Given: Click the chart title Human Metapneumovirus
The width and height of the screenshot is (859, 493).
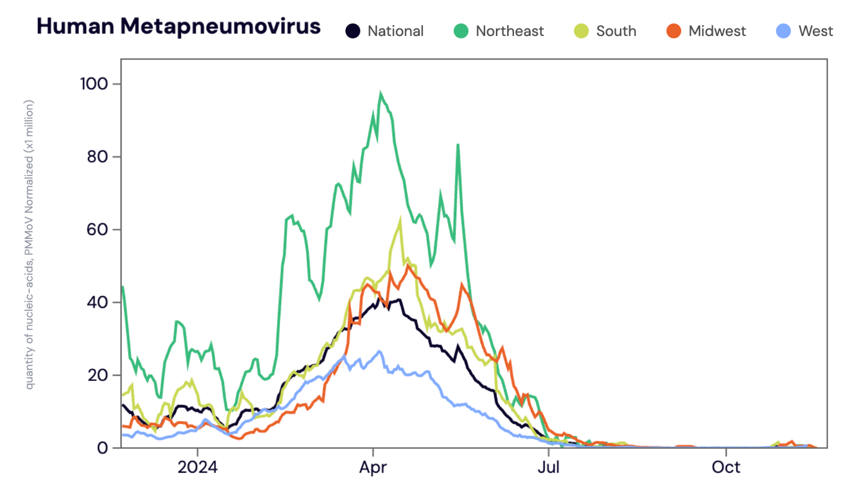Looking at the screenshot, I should (178, 26).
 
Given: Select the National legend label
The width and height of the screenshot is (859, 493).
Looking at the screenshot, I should (395, 31).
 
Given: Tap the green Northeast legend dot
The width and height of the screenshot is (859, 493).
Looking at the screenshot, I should (461, 31).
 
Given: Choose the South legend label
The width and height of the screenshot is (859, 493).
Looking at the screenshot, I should (616, 31).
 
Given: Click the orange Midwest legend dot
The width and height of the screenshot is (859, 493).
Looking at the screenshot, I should (674, 31).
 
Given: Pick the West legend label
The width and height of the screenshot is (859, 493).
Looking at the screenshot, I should (815, 31).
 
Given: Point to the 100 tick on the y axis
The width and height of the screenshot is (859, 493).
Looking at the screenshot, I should (94, 84).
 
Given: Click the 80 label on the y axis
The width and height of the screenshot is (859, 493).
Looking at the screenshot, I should (97, 157).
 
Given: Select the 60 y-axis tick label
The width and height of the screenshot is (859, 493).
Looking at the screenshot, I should (97, 229).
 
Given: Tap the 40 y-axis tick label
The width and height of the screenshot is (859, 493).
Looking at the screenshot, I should (97, 302).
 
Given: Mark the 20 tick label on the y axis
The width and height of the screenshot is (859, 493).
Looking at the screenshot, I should (97, 375).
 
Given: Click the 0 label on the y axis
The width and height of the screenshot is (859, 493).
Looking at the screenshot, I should (102, 448).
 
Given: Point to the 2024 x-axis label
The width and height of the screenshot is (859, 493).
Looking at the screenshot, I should (198, 467).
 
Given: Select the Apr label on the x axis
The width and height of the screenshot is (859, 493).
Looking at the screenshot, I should (373, 467).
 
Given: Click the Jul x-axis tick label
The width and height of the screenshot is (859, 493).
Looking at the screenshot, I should (549, 467).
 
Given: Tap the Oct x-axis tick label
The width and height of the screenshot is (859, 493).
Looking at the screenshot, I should (726, 467).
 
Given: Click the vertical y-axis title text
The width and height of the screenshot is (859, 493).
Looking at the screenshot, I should (29, 244).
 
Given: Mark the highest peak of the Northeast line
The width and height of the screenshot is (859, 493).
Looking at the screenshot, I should (380, 93).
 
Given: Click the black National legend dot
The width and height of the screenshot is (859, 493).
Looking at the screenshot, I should (353, 31).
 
